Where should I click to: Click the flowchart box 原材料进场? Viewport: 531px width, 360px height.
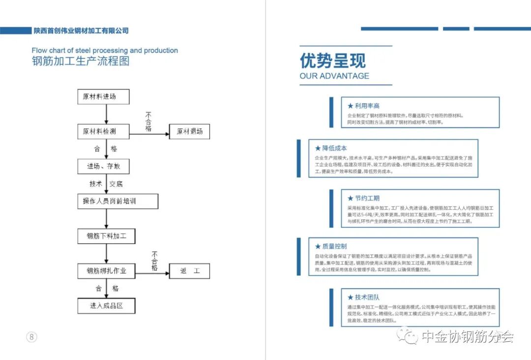[x=103, y=96]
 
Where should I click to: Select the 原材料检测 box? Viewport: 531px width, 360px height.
[x=103, y=131]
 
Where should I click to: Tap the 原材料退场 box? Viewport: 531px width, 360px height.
[x=189, y=131]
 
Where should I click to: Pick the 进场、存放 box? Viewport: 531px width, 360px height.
[x=103, y=166]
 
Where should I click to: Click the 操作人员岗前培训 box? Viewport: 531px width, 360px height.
[x=118, y=201]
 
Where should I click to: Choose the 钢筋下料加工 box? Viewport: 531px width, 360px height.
[x=107, y=236]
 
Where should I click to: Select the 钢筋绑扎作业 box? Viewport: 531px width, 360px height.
[x=107, y=271]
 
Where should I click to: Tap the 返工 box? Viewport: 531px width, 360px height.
[x=189, y=271]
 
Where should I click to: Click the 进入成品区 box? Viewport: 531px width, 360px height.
[x=106, y=306]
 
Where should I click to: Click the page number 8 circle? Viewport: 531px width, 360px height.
[x=31, y=337]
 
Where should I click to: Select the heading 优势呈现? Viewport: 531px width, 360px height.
[x=333, y=61]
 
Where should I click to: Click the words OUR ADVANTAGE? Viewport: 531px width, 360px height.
[x=334, y=76]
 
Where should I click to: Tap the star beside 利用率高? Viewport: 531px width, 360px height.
[x=350, y=106]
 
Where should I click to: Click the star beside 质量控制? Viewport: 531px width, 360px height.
[x=318, y=246]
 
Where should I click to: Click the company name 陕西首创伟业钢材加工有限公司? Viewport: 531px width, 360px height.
[x=81, y=30]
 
